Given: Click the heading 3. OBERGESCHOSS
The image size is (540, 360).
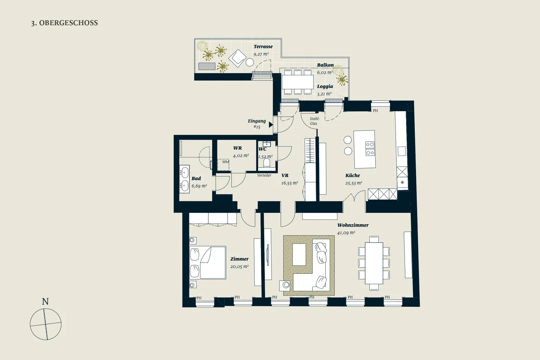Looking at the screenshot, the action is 64,23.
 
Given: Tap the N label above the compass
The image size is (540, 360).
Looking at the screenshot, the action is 45,301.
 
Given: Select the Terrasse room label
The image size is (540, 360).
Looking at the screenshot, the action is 263,46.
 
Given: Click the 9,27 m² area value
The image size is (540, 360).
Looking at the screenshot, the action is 261,54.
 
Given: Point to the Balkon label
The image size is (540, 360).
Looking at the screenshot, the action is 325,65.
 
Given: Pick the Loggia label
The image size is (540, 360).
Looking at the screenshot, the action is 325,86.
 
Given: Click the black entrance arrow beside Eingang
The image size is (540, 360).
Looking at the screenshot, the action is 271,124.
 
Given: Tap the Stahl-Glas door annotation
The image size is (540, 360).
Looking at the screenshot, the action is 314,121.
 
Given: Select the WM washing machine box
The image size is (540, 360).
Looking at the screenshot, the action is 223,165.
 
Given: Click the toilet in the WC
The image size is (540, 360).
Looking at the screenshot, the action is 267,163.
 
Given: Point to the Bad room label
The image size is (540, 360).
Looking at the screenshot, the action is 196,178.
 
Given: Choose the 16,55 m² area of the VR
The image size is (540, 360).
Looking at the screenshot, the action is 289,183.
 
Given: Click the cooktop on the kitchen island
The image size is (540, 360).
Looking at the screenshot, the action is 370,148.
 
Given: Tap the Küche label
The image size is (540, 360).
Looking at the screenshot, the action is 352,175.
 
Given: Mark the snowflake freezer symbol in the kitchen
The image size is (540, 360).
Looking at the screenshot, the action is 402,183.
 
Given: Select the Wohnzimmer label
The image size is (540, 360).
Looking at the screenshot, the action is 353,225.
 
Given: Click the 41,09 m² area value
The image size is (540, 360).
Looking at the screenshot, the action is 346,232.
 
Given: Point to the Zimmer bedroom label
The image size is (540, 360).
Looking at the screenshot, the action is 239,259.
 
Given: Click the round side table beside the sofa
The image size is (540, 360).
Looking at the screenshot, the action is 286,285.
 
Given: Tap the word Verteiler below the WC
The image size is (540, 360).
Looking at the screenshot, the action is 264,175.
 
